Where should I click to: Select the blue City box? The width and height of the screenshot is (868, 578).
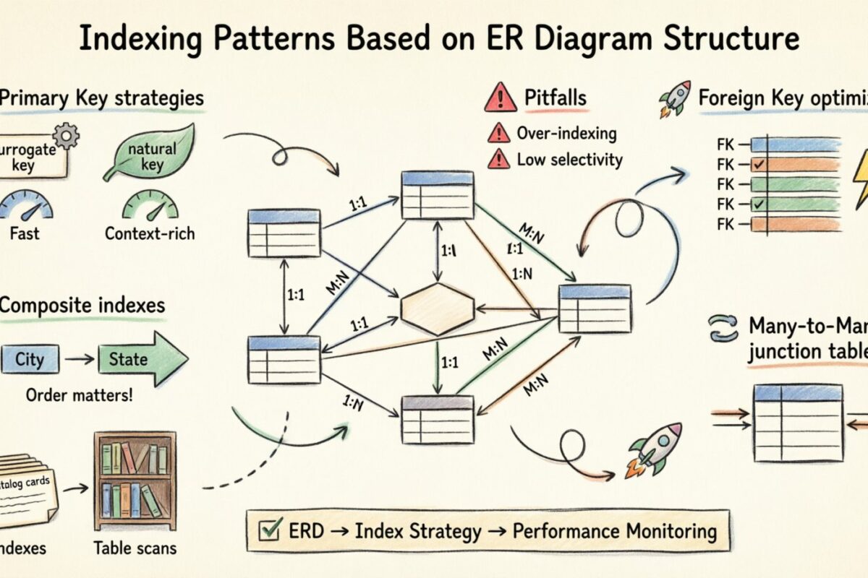pos(30,359)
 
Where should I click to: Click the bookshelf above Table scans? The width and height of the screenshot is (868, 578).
pos(135,481)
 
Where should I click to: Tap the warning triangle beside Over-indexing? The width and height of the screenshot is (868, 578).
pos(498,133)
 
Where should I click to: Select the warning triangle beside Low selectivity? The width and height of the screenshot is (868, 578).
pos(498,159)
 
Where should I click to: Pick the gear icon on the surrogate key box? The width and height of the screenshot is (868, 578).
pos(67,135)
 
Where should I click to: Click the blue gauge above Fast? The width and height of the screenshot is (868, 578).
pos(27,205)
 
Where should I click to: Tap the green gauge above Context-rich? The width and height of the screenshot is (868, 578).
pos(150,205)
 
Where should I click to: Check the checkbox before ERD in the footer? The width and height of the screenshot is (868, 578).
pos(269,532)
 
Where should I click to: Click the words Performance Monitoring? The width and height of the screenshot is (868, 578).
pos(614,532)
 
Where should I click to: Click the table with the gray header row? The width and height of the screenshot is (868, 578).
pos(437,419)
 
